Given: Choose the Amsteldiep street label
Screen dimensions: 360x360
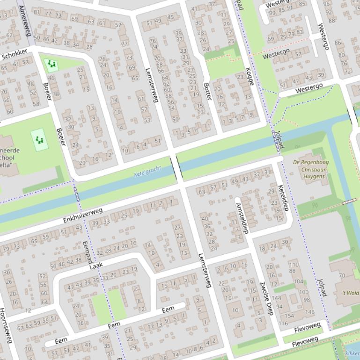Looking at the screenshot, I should [x=242, y=218].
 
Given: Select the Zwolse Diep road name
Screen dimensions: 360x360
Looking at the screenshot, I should [x=266, y=298].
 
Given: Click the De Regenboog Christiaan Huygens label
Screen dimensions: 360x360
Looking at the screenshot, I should [x=311, y=169].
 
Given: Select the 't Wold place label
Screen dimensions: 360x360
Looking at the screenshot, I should [x=350, y=293].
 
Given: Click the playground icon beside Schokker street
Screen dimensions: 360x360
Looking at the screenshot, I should [x=51, y=65].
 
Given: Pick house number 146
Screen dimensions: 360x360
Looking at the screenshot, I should [x=309, y=312].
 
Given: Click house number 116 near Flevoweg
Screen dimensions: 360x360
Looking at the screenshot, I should [x=283, y=323].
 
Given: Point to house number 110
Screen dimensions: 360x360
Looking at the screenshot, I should [x=294, y=264].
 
